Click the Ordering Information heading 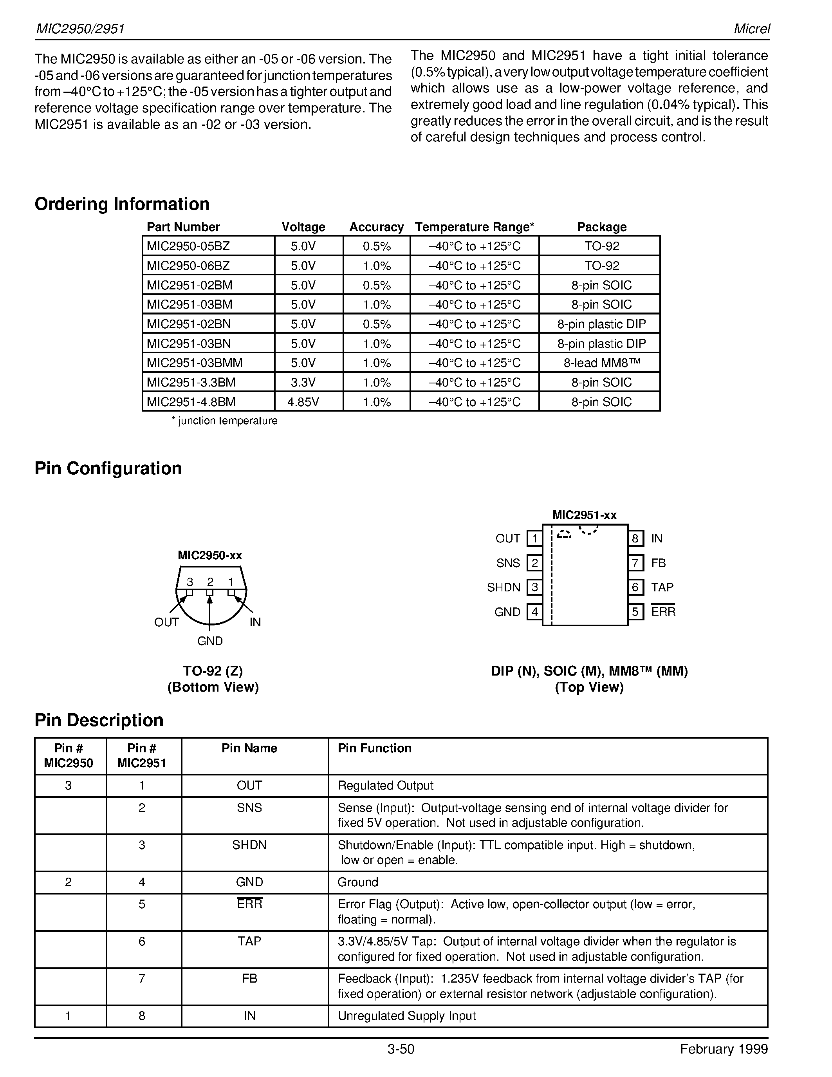click(x=122, y=204)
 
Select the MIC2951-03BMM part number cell click(x=195, y=363)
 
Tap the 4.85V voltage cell click(x=303, y=402)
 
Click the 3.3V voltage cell click(x=303, y=382)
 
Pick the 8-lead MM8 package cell click(x=601, y=363)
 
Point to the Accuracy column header click(x=376, y=227)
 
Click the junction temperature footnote click(x=224, y=421)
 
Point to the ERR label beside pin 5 click(x=663, y=611)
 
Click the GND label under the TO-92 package click(x=210, y=641)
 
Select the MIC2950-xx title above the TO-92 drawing click(x=209, y=555)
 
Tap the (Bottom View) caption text click(x=213, y=687)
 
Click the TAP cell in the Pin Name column click(x=249, y=941)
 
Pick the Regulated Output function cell click(x=385, y=786)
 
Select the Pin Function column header click(x=374, y=748)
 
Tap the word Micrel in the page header click(x=752, y=29)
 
